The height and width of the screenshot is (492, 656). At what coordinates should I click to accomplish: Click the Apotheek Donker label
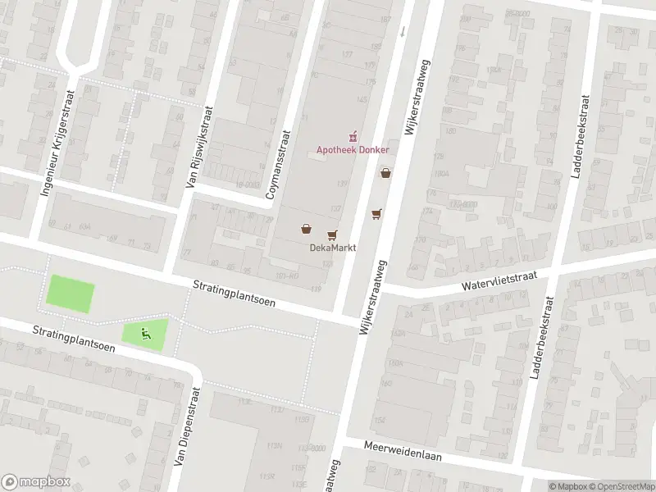pos(353,149)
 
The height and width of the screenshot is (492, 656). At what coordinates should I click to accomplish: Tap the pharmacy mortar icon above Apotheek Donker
pos(354,135)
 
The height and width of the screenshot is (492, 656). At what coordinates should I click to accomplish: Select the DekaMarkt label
pos(332,248)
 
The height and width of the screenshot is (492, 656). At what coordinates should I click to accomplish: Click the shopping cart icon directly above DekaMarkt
pos(332,235)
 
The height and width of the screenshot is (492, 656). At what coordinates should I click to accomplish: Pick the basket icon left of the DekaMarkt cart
pos(306,229)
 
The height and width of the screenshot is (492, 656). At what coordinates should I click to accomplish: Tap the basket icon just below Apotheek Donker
pos(385,173)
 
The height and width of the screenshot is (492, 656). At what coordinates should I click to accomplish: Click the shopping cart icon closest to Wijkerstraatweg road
pos(376,213)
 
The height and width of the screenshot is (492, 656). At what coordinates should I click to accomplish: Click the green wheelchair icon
pos(145,332)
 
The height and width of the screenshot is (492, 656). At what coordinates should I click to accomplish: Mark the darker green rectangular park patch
pos(71,294)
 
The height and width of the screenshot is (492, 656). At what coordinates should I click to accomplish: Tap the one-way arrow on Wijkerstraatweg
pos(403,31)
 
